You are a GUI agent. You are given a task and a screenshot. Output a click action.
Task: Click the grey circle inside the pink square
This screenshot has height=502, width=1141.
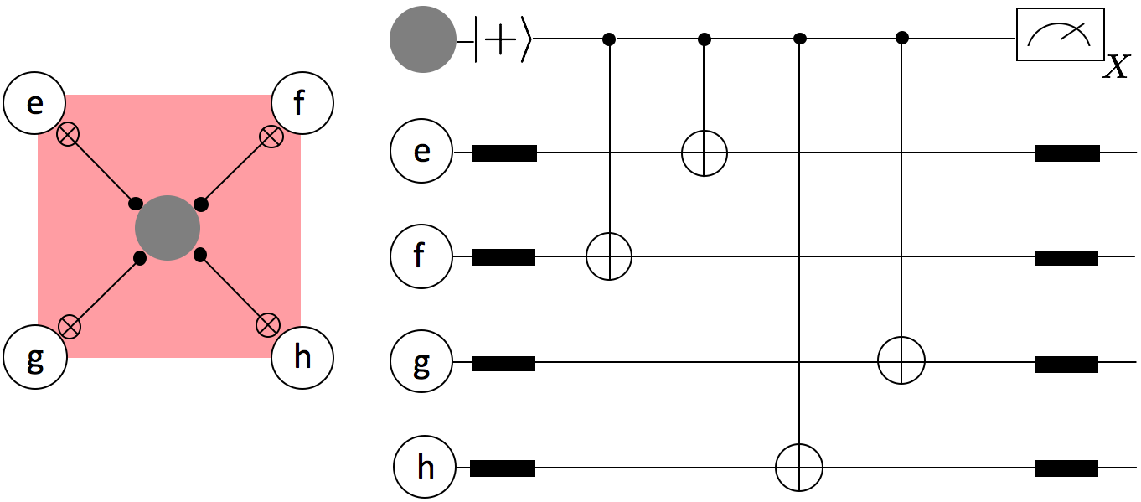[x=168, y=228]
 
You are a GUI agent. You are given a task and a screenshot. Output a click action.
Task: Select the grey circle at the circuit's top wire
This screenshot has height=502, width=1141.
[x=423, y=39]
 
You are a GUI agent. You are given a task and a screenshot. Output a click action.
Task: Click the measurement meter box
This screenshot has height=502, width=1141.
[x=1059, y=34]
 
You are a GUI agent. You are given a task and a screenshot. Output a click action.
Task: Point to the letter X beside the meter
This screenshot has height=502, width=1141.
[x=1116, y=66]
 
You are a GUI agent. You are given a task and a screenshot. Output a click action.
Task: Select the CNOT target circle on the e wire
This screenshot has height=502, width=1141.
[x=704, y=153]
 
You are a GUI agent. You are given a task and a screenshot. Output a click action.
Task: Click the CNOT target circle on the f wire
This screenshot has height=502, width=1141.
[x=609, y=256]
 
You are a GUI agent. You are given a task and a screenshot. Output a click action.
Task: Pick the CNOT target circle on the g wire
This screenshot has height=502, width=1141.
[x=901, y=361]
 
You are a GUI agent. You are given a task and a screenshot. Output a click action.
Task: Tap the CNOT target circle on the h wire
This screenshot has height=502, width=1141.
[x=799, y=468]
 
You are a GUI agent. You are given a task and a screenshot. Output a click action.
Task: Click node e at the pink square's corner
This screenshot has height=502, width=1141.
[x=34, y=104]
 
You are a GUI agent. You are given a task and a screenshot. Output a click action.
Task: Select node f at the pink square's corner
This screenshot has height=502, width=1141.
[x=302, y=104]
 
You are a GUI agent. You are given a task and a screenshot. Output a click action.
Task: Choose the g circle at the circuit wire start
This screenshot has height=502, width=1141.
[x=421, y=362]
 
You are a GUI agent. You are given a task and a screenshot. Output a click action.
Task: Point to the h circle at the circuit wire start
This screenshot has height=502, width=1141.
[x=426, y=467]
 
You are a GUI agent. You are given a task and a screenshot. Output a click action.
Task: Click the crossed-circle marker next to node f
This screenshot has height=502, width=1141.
[x=270, y=136]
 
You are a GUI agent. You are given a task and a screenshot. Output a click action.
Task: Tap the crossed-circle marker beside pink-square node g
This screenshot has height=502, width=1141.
[x=70, y=326]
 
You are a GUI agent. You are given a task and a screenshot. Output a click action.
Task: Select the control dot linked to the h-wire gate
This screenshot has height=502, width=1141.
[x=799, y=39]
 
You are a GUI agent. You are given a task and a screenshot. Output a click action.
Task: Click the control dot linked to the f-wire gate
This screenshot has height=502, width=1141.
[x=609, y=39]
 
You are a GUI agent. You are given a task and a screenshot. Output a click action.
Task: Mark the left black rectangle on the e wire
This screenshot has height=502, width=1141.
[x=503, y=153]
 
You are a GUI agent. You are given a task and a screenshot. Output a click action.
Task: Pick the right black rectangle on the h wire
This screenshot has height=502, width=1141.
[x=1066, y=468]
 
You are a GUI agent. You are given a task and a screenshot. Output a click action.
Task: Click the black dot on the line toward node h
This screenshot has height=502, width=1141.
[x=199, y=253]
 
